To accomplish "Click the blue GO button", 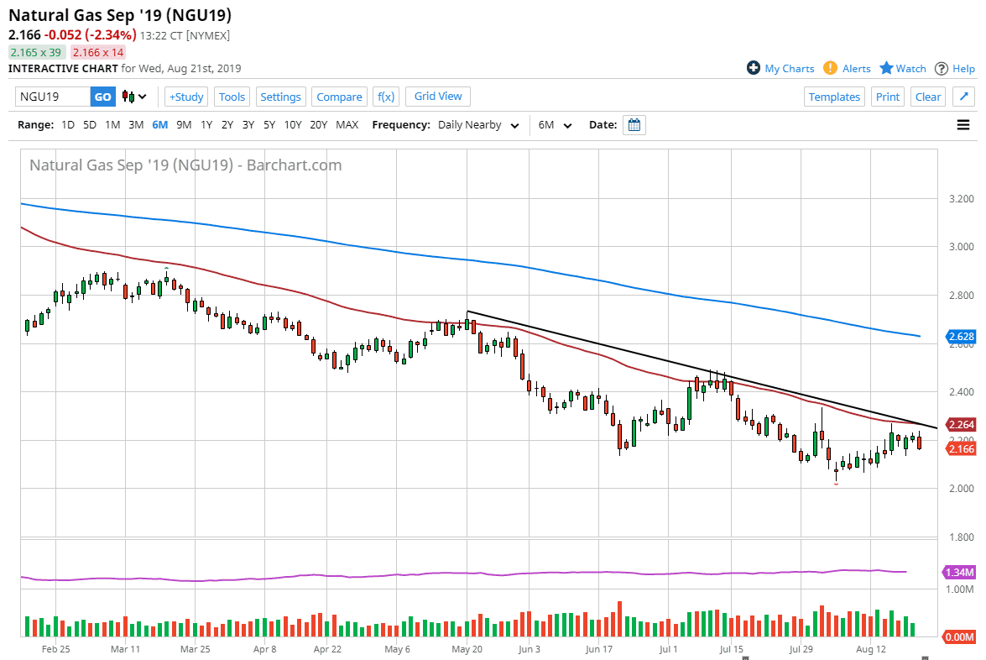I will (102, 97).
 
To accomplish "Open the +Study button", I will (186, 97).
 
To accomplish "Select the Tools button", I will (232, 97).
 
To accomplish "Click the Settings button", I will (280, 97).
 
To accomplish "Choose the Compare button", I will (339, 97).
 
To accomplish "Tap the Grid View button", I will (438, 96).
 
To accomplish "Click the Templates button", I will (834, 97).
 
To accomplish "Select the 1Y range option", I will (206, 125).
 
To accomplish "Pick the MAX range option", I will (347, 125).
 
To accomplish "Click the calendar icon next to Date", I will (634, 125).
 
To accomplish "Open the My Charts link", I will (780, 69).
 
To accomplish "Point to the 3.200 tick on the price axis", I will (960, 199).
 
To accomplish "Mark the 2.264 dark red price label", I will (961, 424).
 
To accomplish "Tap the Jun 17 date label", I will (599, 649).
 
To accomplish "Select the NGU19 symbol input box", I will (52, 97).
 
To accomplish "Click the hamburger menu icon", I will (963, 125).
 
